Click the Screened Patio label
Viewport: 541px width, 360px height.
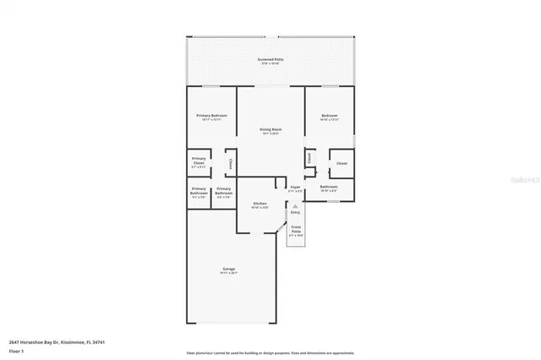coord(270,60)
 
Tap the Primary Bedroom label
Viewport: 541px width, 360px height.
coord(210,115)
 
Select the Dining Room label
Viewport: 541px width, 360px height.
coord(270,129)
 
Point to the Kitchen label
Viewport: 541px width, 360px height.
coord(260,204)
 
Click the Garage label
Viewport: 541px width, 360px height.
coord(229,268)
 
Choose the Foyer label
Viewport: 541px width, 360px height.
coord(295,187)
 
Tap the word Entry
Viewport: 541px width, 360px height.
coord(295,212)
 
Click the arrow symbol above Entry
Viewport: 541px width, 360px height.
coord(295,205)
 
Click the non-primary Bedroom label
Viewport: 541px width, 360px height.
coord(329,115)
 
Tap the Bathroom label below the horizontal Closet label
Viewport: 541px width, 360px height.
coord(329,186)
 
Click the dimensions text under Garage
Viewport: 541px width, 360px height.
coord(229,273)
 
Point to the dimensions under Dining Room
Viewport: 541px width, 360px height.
coord(270,134)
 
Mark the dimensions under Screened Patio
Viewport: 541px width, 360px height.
coord(270,65)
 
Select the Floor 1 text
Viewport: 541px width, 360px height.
coord(16,351)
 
